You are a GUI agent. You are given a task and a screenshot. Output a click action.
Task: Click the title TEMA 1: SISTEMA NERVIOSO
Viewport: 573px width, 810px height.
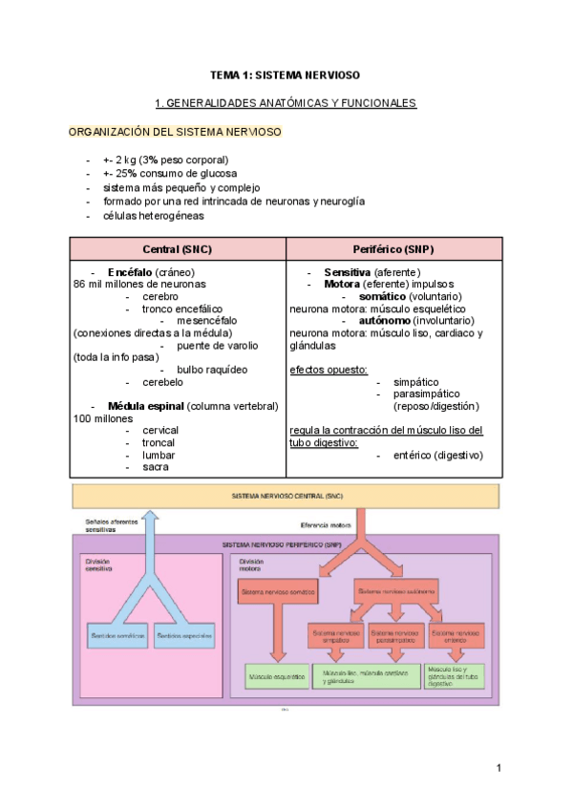pos(286,74)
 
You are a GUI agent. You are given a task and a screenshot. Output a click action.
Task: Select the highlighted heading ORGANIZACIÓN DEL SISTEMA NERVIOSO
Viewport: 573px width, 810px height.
pos(176,131)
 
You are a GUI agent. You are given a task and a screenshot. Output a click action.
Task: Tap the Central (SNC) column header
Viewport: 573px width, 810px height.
pos(177,249)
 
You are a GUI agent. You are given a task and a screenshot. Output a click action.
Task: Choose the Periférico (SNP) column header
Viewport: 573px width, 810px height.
pos(393,249)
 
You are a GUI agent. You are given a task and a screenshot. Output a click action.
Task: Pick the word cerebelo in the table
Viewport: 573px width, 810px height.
pos(163,382)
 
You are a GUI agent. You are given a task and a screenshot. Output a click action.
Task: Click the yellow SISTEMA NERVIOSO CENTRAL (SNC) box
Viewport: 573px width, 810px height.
pos(286,497)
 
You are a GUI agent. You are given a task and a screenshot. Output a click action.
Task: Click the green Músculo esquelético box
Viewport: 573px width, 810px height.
pos(277,677)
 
